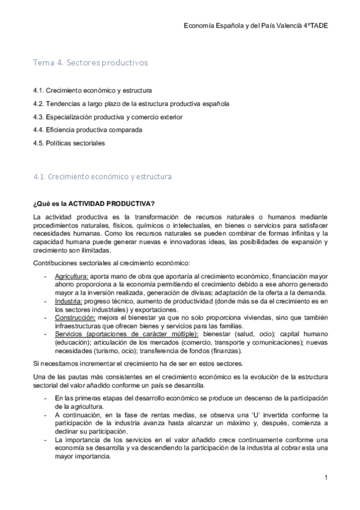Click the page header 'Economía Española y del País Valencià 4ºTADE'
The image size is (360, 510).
(255, 26)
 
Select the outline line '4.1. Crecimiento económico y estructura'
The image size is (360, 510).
(92, 90)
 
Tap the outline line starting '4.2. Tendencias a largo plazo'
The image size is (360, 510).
(130, 103)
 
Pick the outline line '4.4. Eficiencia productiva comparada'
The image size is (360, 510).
(88, 130)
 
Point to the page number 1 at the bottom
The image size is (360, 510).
(325, 478)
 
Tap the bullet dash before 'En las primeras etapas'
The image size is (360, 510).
(46, 398)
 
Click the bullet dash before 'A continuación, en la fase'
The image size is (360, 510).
(46, 415)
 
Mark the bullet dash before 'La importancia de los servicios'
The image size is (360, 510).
(46, 440)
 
